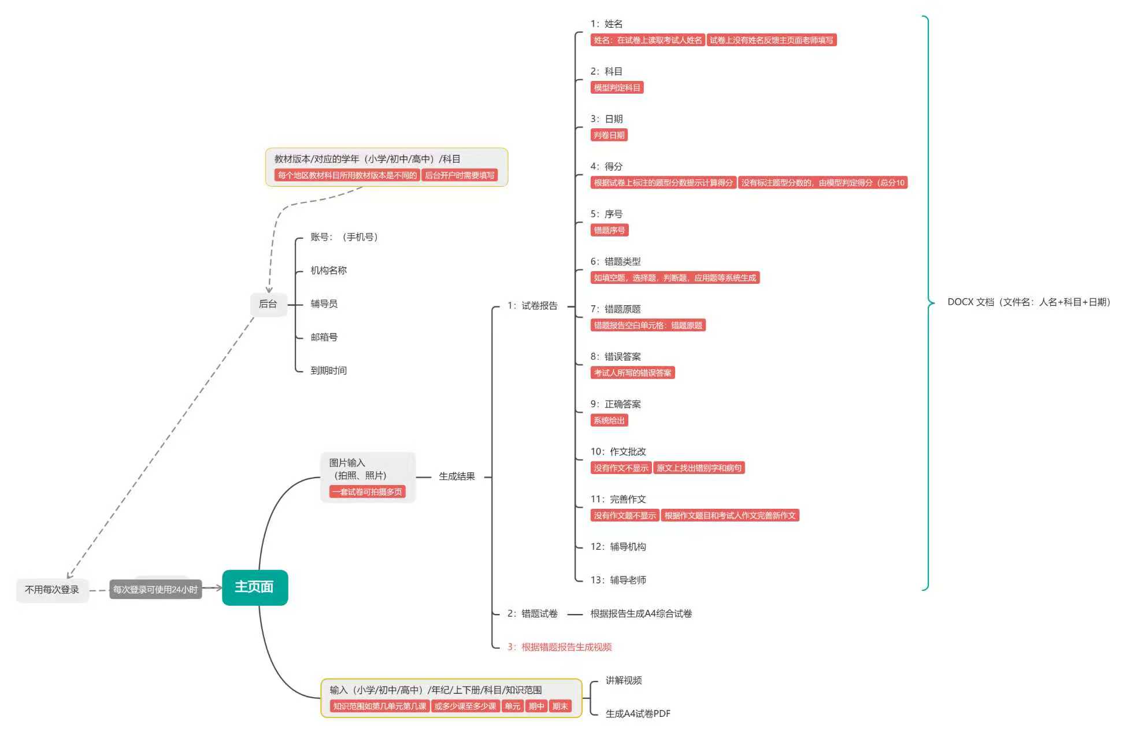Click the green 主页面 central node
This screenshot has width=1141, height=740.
tap(254, 587)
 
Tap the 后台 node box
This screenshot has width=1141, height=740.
tap(268, 304)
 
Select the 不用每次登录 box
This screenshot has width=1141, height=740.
tap(52, 590)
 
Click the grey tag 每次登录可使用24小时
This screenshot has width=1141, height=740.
tap(155, 590)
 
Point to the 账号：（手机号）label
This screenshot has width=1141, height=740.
tap(344, 237)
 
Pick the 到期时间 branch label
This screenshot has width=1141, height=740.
tap(328, 371)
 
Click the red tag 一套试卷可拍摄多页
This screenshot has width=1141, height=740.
tap(367, 492)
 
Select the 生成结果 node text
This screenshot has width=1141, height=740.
tap(457, 476)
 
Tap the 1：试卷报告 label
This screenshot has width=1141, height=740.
tap(532, 306)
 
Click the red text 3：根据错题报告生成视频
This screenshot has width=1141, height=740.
tap(560, 647)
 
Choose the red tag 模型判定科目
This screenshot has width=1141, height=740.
tap(617, 88)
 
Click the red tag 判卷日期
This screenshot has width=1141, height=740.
tap(609, 135)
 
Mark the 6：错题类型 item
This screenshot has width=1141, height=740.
tap(615, 262)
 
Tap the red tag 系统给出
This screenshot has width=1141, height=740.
tap(609, 421)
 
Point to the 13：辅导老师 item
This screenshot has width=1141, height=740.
tap(618, 580)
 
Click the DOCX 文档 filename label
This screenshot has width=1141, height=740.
tap(1029, 302)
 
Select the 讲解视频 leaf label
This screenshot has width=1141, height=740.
tap(623, 680)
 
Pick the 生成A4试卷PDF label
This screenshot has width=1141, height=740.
tap(638, 714)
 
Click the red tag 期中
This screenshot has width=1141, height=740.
tap(536, 706)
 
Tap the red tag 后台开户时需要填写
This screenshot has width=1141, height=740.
tap(460, 176)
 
